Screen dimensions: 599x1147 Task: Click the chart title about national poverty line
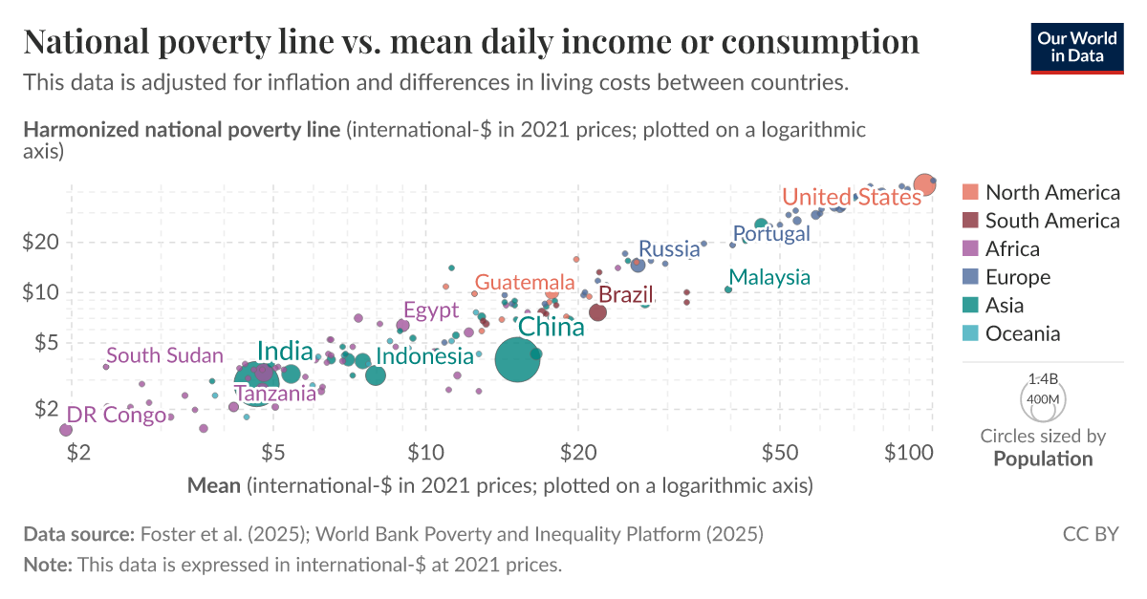(471, 41)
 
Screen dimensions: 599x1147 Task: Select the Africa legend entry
(1012, 248)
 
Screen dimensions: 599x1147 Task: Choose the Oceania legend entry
(1023, 333)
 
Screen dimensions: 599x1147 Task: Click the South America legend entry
(1051, 221)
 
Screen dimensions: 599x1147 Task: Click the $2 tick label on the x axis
(78, 450)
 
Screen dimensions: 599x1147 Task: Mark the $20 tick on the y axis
(41, 242)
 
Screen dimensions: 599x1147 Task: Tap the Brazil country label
(625, 294)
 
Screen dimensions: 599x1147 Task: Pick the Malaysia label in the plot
(771, 277)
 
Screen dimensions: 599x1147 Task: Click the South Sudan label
(164, 356)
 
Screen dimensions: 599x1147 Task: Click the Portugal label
(770, 233)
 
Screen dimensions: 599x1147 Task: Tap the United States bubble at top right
(923, 184)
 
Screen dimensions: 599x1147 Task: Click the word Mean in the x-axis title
(213, 485)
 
